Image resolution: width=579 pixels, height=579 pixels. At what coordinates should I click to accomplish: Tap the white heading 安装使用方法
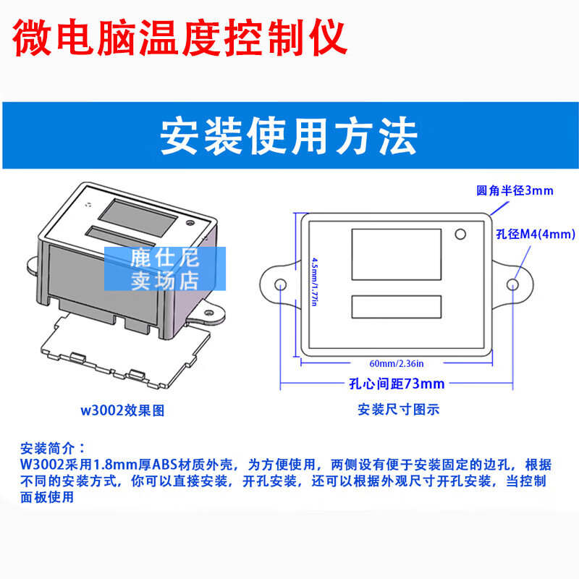[289, 135]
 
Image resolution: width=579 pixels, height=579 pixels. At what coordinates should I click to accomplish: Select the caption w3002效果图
[122, 410]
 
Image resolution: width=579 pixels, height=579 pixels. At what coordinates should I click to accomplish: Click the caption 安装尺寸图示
[399, 409]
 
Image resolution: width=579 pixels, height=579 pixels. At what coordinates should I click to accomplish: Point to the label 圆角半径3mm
[515, 191]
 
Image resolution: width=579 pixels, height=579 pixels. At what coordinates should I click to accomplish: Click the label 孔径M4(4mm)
[536, 234]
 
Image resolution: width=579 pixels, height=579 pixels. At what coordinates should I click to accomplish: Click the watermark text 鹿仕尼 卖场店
[164, 269]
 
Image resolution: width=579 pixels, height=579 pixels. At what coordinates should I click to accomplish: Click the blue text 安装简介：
[54, 447]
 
